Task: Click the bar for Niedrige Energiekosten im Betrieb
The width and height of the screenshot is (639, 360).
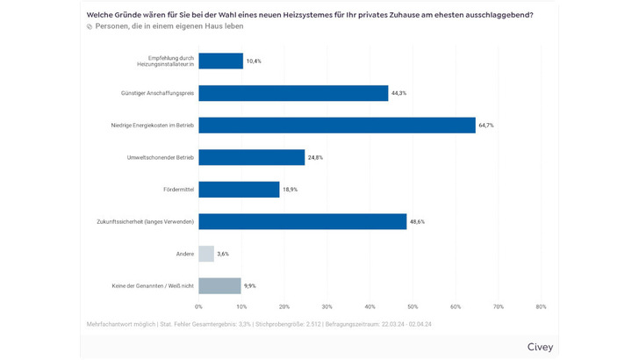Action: click(x=337, y=126)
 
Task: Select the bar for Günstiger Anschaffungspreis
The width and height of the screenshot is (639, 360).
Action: click(x=293, y=93)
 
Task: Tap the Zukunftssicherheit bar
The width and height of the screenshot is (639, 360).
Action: click(x=303, y=221)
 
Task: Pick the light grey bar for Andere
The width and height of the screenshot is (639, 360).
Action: click(x=206, y=254)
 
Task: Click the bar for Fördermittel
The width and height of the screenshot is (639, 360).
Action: click(x=239, y=190)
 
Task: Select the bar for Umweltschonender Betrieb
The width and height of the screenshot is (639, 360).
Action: click(x=252, y=157)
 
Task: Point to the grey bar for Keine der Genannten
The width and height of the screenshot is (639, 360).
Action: click(x=219, y=285)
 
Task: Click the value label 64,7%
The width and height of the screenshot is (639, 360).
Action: click(x=486, y=126)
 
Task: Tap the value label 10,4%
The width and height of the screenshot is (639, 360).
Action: click(x=255, y=61)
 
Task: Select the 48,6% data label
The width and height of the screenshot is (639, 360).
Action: click(x=417, y=221)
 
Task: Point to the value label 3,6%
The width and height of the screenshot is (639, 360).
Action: click(x=223, y=254)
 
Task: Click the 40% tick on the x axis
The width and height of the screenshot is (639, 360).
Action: click(x=370, y=306)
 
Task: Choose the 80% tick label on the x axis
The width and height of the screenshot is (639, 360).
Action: click(x=541, y=306)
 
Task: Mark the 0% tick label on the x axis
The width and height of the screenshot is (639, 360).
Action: click(x=198, y=306)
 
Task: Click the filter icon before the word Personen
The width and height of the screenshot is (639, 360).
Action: click(x=90, y=26)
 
